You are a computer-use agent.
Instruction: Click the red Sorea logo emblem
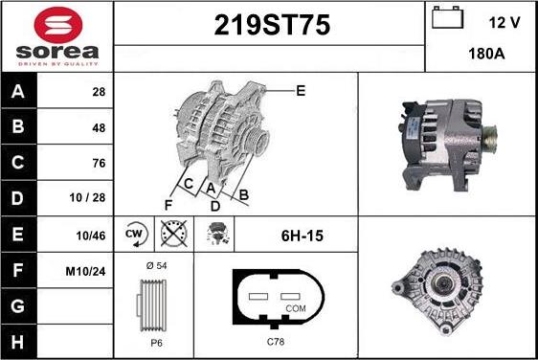58,25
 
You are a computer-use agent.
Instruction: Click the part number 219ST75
272,25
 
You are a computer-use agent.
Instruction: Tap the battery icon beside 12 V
447,17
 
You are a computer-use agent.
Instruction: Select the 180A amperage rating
486,54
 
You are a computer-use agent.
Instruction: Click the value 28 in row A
99,92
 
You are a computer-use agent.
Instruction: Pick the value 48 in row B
99,128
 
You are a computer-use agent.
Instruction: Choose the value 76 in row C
99,163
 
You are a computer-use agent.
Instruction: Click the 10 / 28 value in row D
87,197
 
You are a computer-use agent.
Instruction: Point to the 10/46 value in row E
91,236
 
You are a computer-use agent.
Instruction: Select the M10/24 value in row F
85,272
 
